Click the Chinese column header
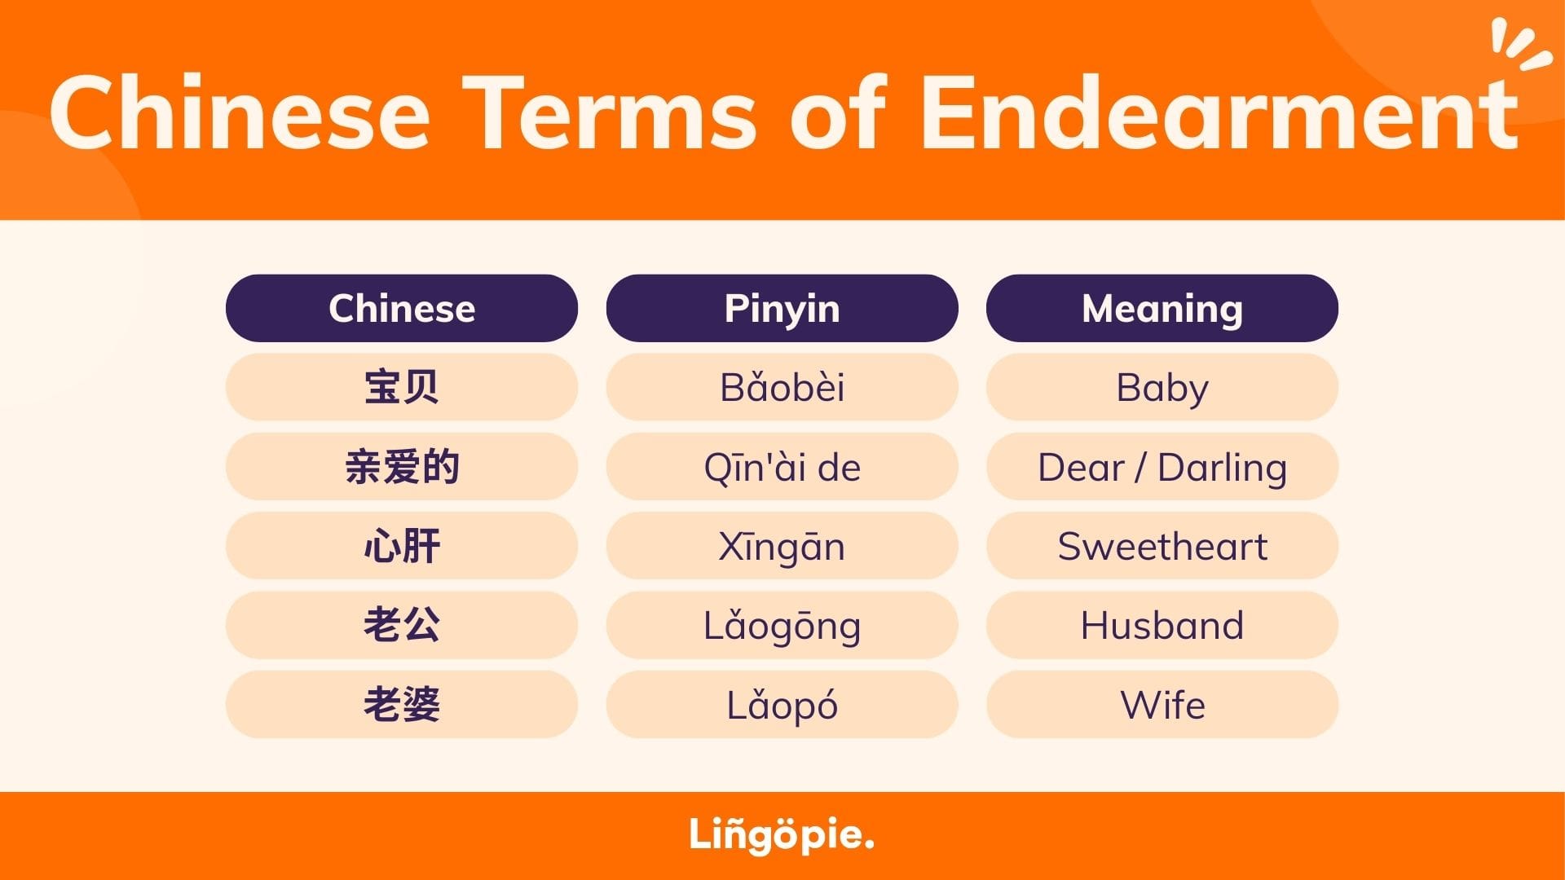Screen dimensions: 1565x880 [402, 308]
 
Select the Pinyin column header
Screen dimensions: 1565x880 [782, 308]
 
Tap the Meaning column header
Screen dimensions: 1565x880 [1162, 308]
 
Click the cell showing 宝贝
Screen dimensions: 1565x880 [402, 387]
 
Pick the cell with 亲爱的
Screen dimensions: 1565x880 [402, 466]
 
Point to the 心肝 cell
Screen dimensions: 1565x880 [402, 546]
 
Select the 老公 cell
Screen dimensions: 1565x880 [402, 625]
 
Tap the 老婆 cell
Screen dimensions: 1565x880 [402, 705]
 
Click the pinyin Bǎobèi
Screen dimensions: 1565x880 [782, 387]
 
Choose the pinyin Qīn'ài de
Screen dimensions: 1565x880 [782, 466]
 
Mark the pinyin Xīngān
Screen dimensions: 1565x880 [782, 546]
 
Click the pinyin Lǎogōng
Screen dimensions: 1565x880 [782, 625]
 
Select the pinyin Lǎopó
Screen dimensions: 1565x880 [782, 705]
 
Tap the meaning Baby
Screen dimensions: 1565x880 [1162, 387]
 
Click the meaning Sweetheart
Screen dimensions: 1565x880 [1162, 546]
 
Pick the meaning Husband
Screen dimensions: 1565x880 [1162, 625]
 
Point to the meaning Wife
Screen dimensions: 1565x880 [1162, 705]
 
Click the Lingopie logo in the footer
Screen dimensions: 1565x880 [782, 835]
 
